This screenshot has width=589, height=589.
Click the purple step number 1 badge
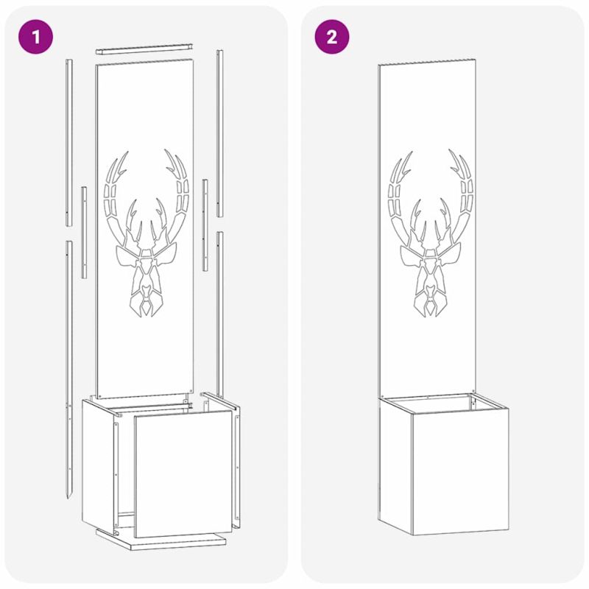35,37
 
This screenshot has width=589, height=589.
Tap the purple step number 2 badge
332,37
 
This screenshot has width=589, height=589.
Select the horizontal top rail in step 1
145,49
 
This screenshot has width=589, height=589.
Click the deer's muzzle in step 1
147,300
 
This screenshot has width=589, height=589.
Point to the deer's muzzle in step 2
431,300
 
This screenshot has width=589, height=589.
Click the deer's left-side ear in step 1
127,256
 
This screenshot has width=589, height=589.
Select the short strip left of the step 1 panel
84,233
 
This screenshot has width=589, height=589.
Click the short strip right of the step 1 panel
205,225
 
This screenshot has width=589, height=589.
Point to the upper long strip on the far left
69,143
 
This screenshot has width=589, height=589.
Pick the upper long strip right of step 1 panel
219,133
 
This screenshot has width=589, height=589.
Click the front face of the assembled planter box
461,470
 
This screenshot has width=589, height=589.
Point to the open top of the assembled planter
443,403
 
